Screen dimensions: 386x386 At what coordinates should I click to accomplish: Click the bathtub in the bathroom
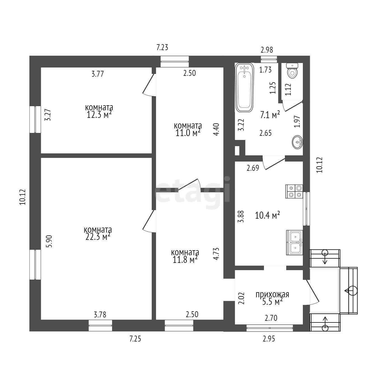(245, 87)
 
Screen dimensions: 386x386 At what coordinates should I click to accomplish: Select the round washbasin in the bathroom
(297, 142)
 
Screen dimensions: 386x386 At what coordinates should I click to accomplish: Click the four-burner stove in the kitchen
(294, 191)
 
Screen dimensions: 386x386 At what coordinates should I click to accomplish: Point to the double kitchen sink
(294, 243)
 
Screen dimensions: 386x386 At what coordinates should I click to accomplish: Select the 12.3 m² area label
(99, 115)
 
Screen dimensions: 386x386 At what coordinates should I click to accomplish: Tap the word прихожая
(272, 294)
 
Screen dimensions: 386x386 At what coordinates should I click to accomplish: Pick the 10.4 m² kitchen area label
(267, 216)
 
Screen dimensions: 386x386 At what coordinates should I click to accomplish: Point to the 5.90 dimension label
(49, 241)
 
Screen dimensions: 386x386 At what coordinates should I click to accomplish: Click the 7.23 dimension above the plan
(162, 48)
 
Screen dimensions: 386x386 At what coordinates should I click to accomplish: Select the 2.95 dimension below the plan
(269, 339)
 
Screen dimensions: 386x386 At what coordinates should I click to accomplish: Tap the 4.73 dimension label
(216, 254)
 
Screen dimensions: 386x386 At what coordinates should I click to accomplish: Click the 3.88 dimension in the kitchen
(242, 216)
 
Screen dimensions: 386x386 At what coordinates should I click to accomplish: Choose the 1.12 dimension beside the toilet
(288, 89)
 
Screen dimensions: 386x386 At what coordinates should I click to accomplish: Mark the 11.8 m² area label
(185, 260)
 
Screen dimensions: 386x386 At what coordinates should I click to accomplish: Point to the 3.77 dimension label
(98, 74)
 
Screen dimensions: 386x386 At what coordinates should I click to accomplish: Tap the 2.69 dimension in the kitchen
(253, 168)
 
